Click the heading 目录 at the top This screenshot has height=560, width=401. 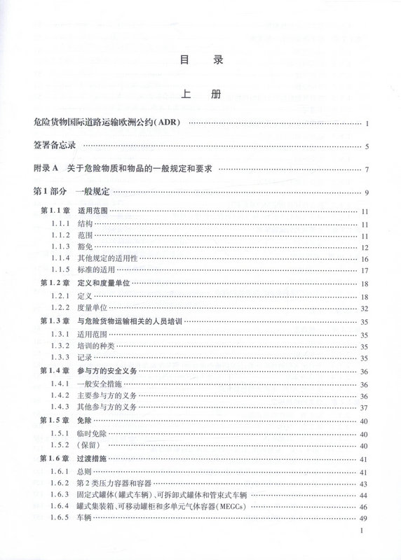(200, 60)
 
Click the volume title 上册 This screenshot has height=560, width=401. (200, 94)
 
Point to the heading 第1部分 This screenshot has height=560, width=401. (48, 192)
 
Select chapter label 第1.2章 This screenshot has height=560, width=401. (56, 283)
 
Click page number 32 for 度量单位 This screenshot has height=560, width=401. (365, 308)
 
